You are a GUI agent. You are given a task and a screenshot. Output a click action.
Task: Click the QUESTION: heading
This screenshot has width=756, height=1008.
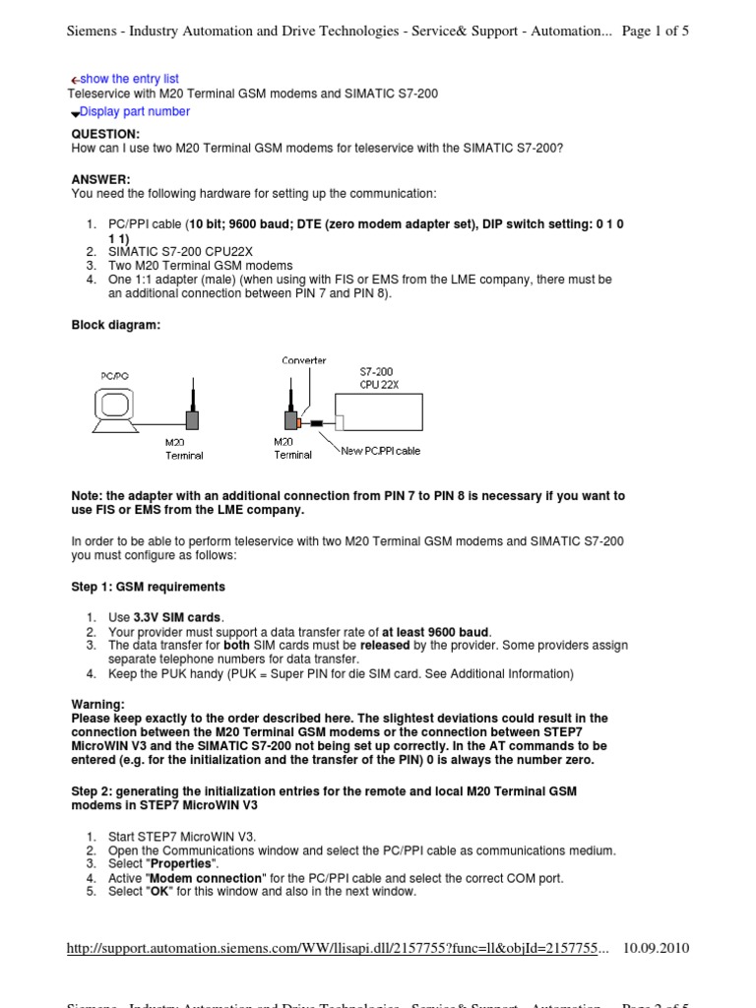(106, 133)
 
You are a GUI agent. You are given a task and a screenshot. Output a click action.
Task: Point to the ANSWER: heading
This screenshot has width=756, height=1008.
(100, 179)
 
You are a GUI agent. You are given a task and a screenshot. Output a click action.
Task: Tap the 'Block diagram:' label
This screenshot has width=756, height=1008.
(116, 326)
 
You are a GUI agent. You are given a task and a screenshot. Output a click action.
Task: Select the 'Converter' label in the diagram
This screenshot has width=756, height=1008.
(303, 360)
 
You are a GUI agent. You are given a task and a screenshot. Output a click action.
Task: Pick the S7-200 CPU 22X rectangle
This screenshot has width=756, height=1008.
(380, 408)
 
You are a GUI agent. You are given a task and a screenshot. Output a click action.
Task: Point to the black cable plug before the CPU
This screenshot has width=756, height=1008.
(318, 425)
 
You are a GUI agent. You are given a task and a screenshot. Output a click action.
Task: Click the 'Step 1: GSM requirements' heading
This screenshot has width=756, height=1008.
(149, 587)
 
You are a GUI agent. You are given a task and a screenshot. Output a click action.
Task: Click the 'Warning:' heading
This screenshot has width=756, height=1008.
(98, 705)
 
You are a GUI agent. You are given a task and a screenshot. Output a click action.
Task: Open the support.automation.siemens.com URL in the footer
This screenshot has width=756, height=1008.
(338, 948)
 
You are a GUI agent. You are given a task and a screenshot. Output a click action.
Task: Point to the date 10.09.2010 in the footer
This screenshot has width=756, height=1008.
(657, 948)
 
